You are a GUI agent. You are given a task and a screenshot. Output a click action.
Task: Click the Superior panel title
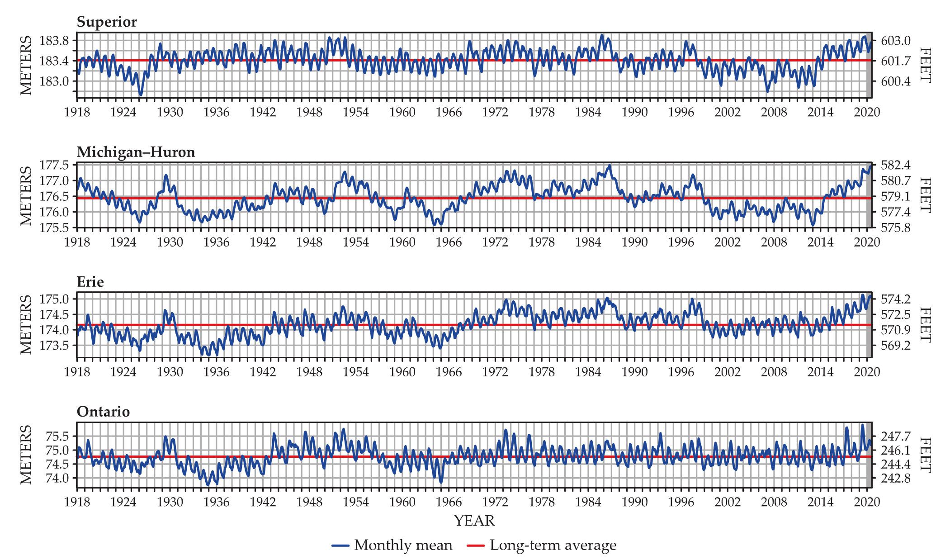tap(107, 22)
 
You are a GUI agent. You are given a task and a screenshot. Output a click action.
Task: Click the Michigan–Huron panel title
tap(136, 152)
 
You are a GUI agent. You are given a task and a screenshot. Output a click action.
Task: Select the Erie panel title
tap(90, 282)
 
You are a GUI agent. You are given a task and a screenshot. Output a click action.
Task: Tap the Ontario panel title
tap(103, 412)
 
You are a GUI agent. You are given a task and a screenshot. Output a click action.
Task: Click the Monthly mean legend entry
tap(392, 545)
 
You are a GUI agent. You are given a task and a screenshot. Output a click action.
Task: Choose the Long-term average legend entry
tap(542, 545)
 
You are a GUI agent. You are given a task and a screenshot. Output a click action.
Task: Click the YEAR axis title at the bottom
tap(474, 521)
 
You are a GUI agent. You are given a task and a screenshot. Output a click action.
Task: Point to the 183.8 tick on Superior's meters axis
tap(54, 41)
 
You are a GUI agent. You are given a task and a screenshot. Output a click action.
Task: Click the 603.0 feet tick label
tap(896, 41)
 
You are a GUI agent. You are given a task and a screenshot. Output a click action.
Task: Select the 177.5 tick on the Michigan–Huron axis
tap(54, 165)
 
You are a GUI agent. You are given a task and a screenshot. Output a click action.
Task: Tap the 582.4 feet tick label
tap(896, 165)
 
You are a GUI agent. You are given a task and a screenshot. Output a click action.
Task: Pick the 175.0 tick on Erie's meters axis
tap(54, 299)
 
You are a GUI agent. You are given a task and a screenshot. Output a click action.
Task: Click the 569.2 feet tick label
tap(896, 346)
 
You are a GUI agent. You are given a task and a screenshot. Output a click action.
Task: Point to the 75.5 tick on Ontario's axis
tap(57, 437)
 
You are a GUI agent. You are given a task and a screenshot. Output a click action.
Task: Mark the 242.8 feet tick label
tap(896, 478)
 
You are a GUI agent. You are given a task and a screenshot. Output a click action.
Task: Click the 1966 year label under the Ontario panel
tap(449, 502)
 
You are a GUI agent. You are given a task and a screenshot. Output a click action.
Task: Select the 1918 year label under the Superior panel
tap(77, 112)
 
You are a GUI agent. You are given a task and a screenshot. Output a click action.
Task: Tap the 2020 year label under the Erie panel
tap(867, 372)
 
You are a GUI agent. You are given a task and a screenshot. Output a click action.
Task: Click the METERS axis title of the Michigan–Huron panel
tap(26, 195)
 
